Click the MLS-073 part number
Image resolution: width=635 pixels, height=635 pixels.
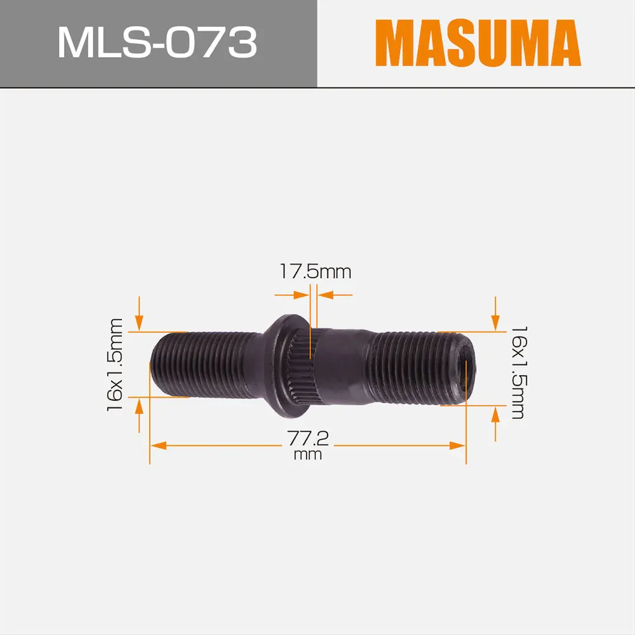[157, 43]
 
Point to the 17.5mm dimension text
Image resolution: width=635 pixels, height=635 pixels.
[316, 272]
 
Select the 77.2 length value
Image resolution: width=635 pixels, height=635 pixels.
[311, 439]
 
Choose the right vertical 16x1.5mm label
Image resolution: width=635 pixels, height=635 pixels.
[518, 372]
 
